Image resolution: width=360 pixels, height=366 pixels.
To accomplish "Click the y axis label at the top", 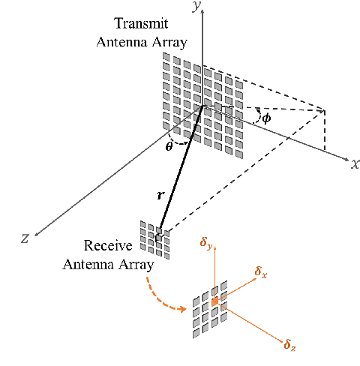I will click(x=198, y=7).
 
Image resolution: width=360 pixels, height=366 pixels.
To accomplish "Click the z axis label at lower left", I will click(x=25, y=238).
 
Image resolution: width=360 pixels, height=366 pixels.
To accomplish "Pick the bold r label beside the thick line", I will click(x=160, y=195).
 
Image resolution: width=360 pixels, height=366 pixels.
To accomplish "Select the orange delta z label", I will click(x=289, y=344).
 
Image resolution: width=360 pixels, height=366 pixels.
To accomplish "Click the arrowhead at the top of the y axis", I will click(x=202, y=10).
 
